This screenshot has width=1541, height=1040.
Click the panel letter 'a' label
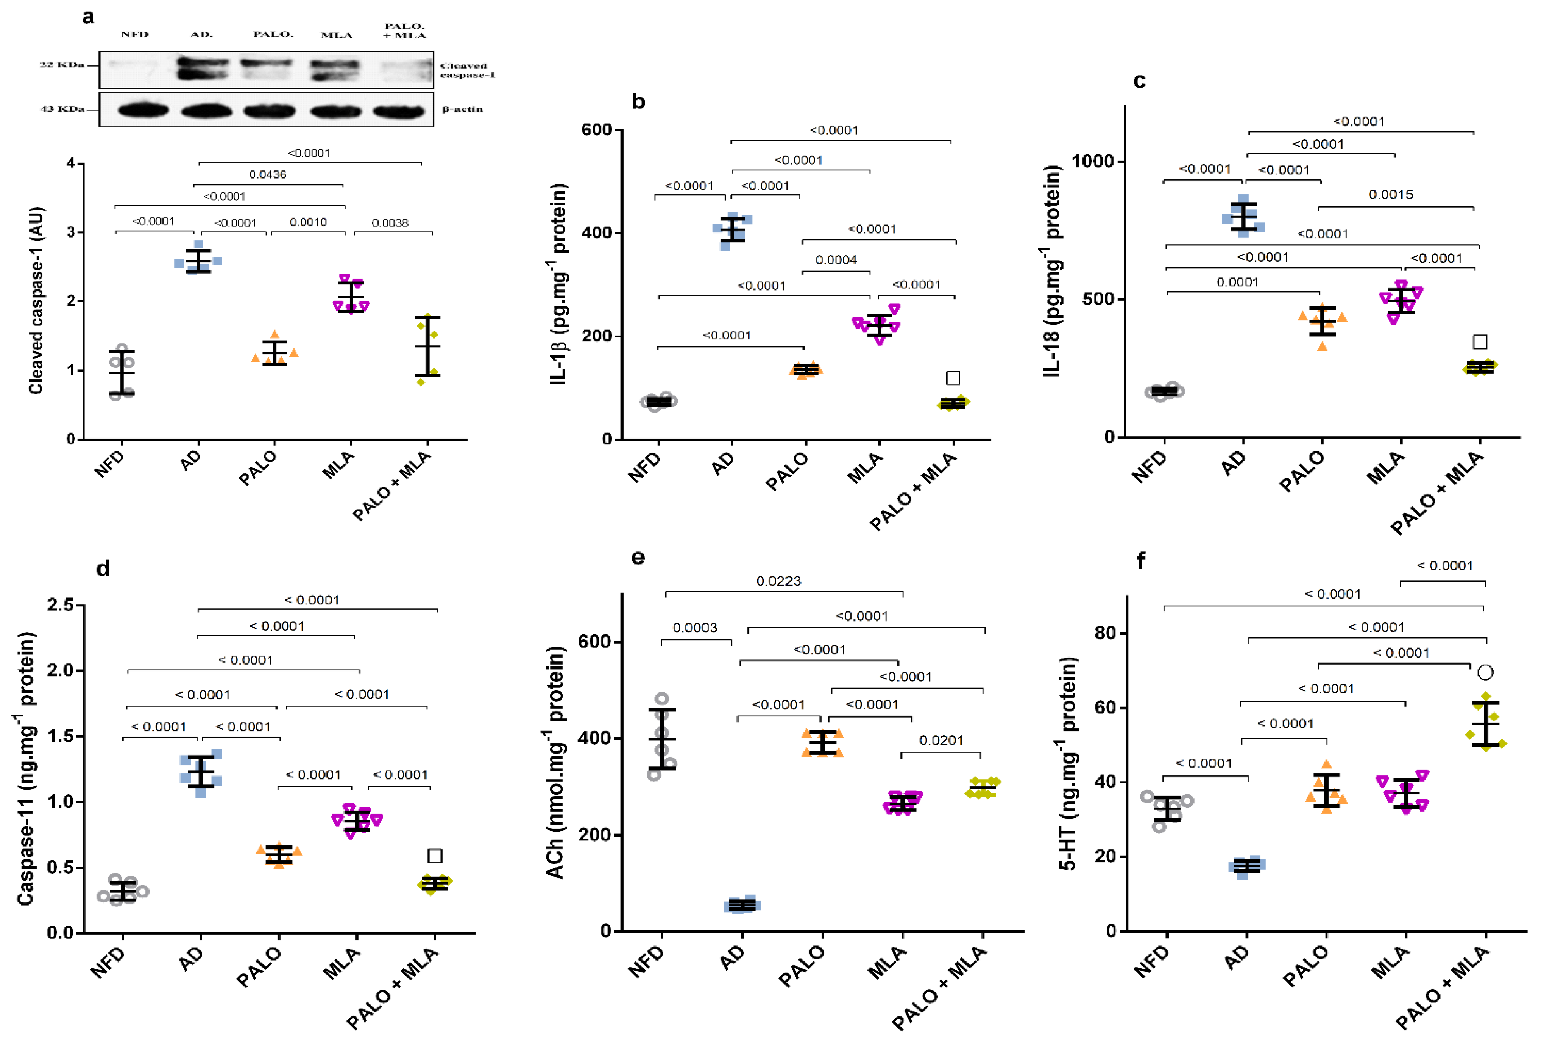(x=88, y=17)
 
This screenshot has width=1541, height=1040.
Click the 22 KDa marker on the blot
(x=62, y=64)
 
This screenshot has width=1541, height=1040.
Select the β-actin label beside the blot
(x=462, y=109)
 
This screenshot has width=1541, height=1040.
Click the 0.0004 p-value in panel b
(x=836, y=259)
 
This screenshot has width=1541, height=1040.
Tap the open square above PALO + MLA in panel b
(x=953, y=378)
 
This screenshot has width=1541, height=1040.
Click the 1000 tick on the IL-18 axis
(x=1093, y=161)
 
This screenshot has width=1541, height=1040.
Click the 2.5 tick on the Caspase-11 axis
(x=60, y=604)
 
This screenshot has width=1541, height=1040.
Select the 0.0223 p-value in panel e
(x=779, y=581)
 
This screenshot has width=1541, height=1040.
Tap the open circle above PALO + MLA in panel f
(x=1485, y=672)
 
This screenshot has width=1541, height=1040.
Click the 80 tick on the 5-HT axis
(x=1105, y=633)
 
